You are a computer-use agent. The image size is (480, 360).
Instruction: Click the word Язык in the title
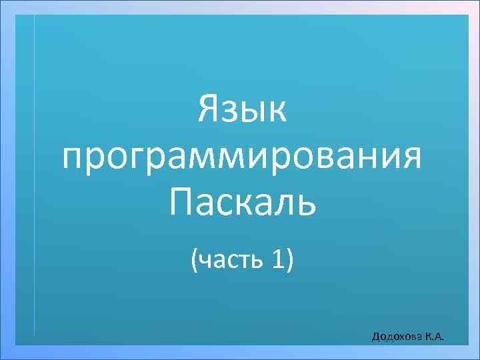242,110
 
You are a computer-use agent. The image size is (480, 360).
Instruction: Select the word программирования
241,159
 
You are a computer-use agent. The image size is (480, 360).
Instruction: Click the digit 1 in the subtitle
276,259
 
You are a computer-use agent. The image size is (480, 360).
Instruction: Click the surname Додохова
396,337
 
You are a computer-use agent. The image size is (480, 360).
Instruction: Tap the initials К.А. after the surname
434,337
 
